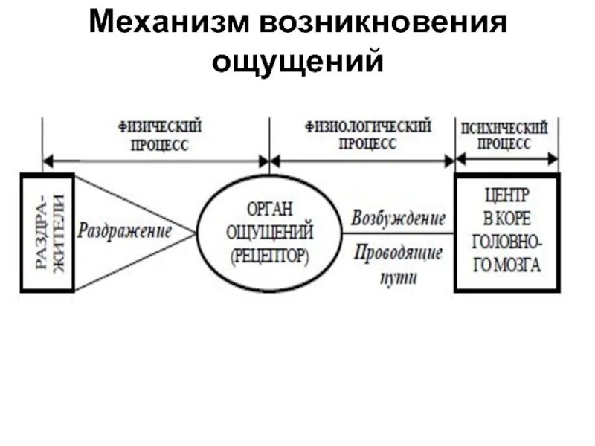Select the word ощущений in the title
tap(297, 62)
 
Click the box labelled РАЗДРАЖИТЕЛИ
tap(47, 232)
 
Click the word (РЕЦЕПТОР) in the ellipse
tap(269, 255)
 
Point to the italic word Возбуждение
tap(399, 219)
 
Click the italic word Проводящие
tap(399, 253)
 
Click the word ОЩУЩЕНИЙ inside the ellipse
tap(269, 230)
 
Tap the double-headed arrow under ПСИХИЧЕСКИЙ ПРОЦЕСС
tap(506, 159)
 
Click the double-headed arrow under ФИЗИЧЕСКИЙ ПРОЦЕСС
tap(155, 160)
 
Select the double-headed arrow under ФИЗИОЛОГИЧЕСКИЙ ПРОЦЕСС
tap(362, 160)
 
